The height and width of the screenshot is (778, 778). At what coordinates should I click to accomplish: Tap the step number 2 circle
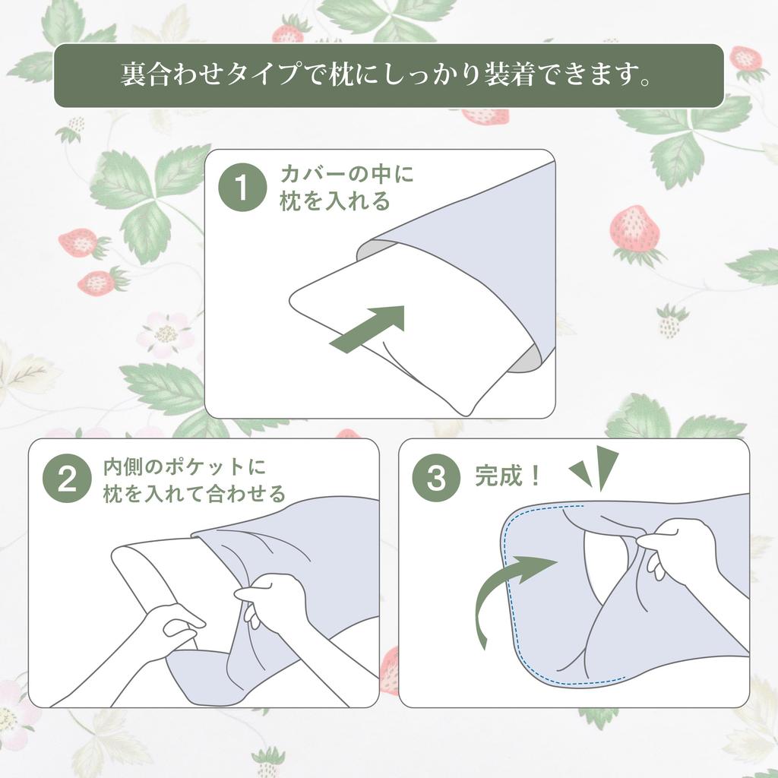point(67,479)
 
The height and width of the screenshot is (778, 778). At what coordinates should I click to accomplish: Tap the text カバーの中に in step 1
point(346,174)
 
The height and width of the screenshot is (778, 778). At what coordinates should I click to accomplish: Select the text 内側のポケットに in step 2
point(185,466)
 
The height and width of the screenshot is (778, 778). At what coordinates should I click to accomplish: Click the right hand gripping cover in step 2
point(277,600)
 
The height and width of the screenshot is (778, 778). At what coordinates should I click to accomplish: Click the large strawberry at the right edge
point(634,230)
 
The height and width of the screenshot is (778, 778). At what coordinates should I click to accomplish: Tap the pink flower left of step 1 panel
point(164,334)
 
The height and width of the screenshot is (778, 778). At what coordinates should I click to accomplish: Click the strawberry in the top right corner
point(745,59)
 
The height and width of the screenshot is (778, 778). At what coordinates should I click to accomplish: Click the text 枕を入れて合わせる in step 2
point(194,494)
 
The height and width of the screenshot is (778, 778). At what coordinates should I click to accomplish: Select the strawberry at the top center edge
point(288,33)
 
